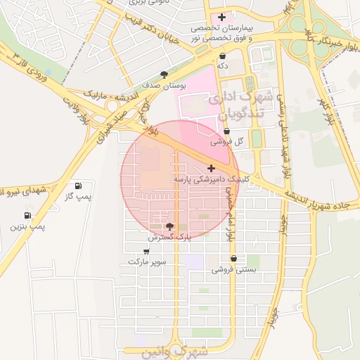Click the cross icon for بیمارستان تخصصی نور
223,17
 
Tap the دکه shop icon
223,56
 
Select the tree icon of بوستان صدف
165,74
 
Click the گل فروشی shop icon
226,131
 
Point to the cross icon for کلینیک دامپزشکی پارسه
211,169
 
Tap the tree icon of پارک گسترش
169,226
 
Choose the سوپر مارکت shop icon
148,251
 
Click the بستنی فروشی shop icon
233,259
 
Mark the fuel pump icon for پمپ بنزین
27,215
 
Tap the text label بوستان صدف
165,85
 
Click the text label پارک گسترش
169,238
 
